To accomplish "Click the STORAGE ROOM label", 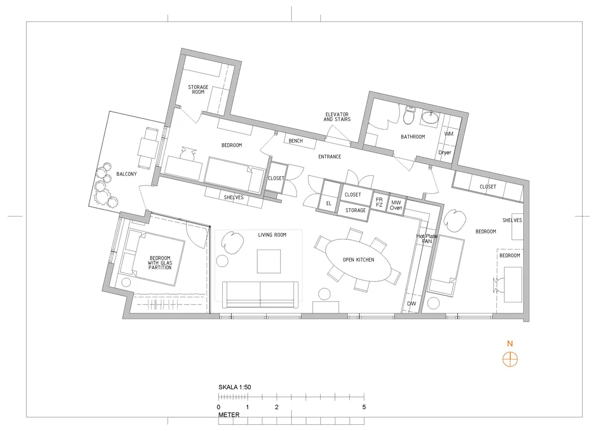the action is (x=198, y=89).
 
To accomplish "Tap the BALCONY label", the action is (x=126, y=174).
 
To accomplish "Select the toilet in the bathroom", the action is (x=409, y=115).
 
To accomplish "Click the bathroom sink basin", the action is (x=430, y=117).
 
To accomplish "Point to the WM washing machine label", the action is (x=449, y=134).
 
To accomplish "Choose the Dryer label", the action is (x=445, y=152).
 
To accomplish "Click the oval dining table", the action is (x=358, y=260).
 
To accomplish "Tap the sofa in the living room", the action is (x=260, y=295).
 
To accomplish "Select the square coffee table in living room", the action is (x=268, y=261).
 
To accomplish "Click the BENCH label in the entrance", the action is (x=295, y=141).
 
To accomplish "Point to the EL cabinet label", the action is (x=329, y=203).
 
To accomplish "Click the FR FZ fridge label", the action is (x=379, y=202).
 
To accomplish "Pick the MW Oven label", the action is (x=396, y=205).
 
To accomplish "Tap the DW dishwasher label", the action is (x=412, y=303).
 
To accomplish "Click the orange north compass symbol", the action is (x=510, y=359).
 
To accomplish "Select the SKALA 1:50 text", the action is (x=234, y=387).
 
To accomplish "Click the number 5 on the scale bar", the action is (x=364, y=407).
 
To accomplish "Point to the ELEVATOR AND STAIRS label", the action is (x=337, y=117).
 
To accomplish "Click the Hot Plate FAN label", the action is (x=427, y=239).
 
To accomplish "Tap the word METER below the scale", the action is (x=229, y=415).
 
